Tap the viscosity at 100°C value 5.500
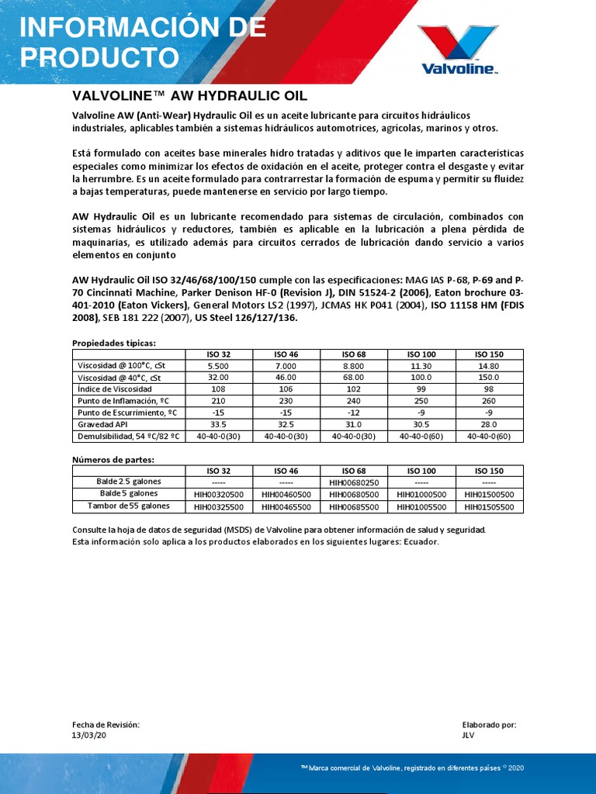(x=220, y=365)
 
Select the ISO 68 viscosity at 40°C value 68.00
(x=354, y=377)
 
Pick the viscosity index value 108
(x=220, y=388)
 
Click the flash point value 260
(x=489, y=401)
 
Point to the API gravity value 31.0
(x=354, y=425)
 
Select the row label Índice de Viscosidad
(x=115, y=388)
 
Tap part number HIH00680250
(x=354, y=482)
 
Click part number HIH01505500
(x=489, y=506)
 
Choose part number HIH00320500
(x=220, y=494)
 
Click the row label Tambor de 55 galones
(x=127, y=506)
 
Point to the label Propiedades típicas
(x=114, y=342)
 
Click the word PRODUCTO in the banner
(x=98, y=57)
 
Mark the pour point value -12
(x=354, y=413)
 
